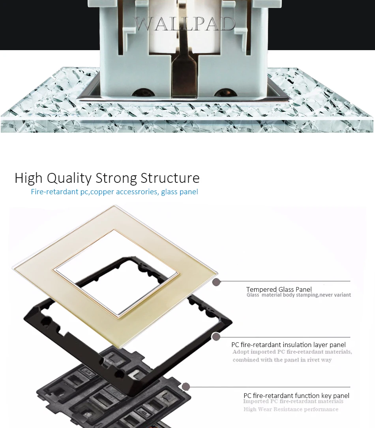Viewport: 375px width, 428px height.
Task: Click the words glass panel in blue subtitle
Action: click(x=180, y=192)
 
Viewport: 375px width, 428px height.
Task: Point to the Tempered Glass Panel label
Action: click(x=279, y=289)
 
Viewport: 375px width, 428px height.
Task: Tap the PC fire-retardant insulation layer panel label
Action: click(x=288, y=345)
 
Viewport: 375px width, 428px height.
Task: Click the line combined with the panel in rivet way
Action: click(x=282, y=360)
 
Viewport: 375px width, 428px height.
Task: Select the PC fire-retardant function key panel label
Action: click(x=296, y=395)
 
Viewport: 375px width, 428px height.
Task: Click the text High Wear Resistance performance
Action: click(x=291, y=409)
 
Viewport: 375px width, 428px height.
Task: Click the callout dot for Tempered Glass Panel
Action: click(x=216, y=282)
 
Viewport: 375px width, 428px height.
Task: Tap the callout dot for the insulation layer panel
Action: click(x=216, y=337)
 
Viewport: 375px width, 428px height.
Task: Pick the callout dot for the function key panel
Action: click(x=186, y=387)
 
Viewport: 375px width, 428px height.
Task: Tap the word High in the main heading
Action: click(x=28, y=178)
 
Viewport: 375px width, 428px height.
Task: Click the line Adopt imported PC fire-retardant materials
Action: click(x=292, y=352)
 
